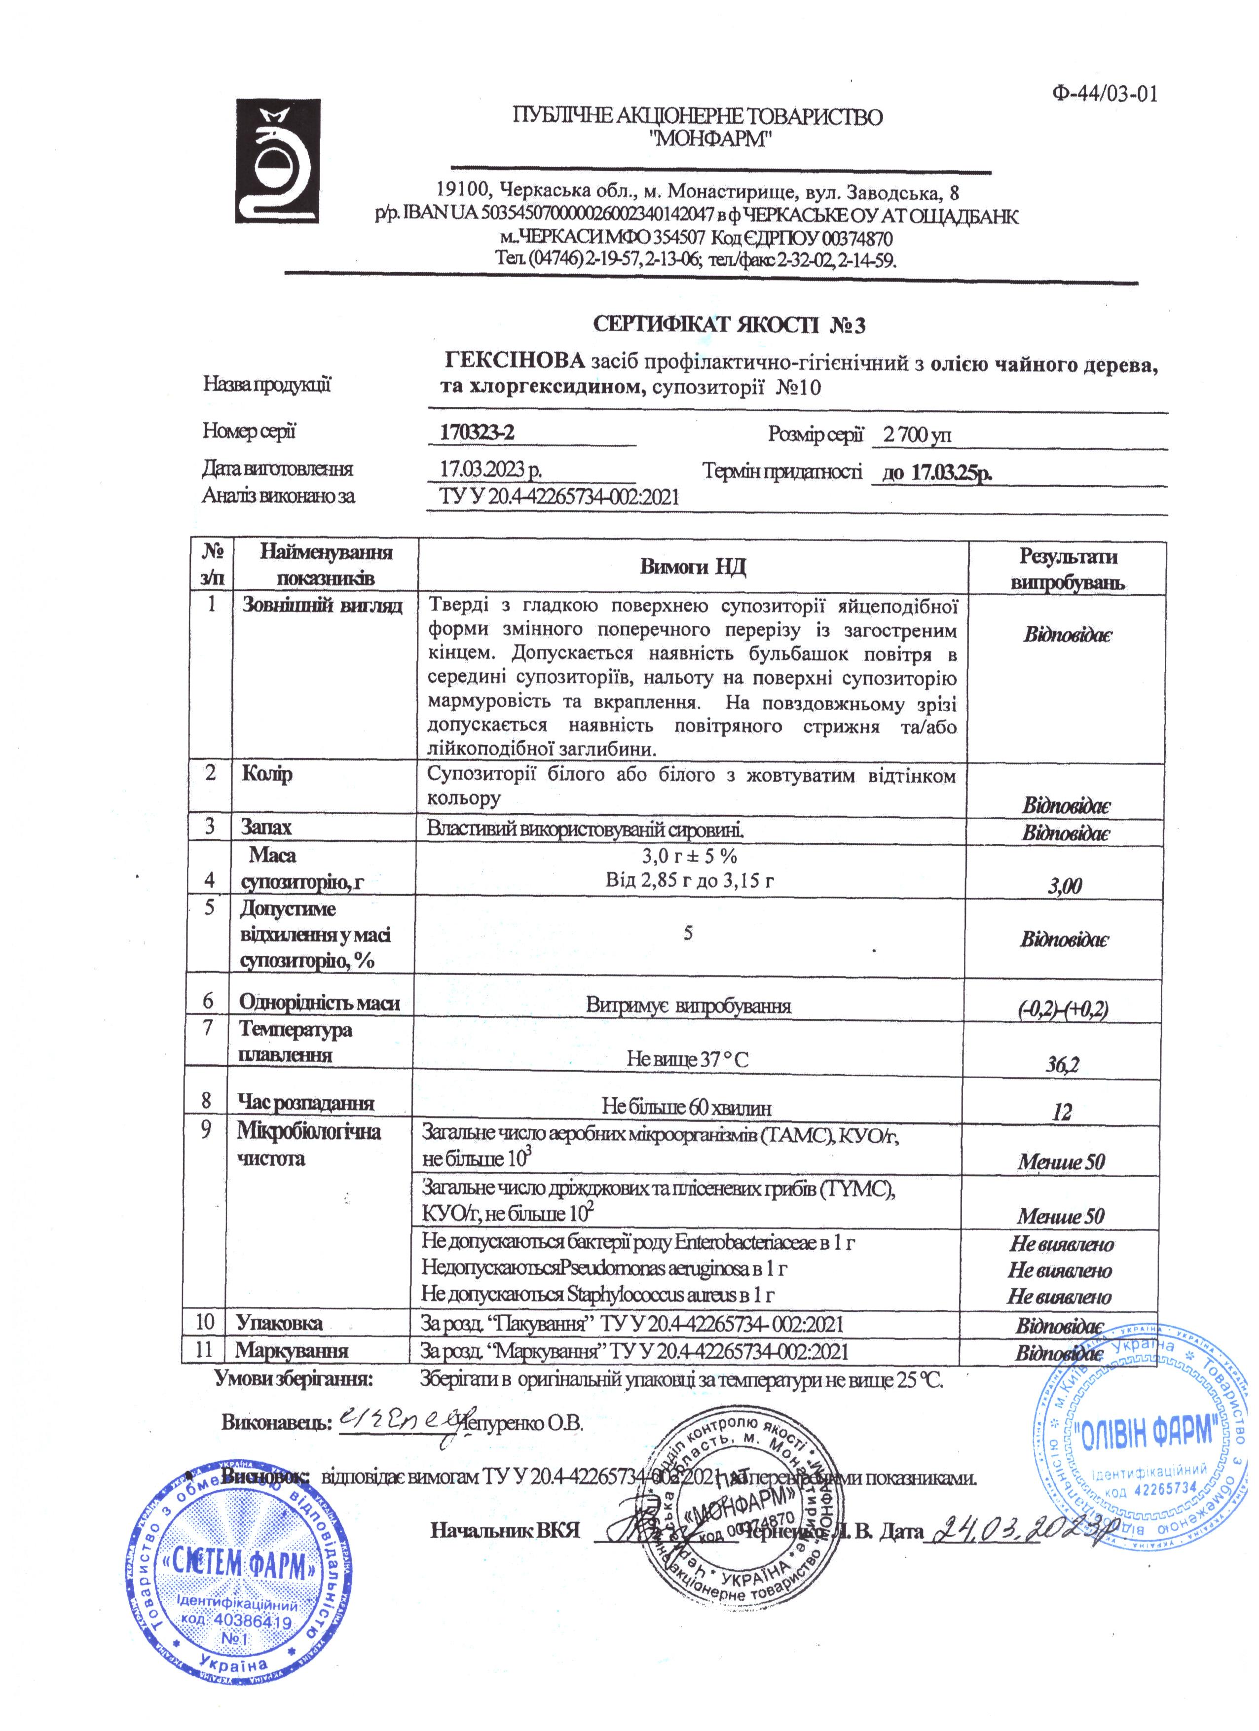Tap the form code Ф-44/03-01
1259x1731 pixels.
tap(1104, 94)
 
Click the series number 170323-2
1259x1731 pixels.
tap(477, 433)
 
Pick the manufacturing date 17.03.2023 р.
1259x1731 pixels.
tap(491, 469)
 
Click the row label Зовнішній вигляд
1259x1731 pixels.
tap(322, 606)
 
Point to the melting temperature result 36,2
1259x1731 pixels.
tap(1061, 1064)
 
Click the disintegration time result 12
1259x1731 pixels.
tap(1061, 1112)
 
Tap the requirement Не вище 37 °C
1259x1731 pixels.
tap(687, 1059)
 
